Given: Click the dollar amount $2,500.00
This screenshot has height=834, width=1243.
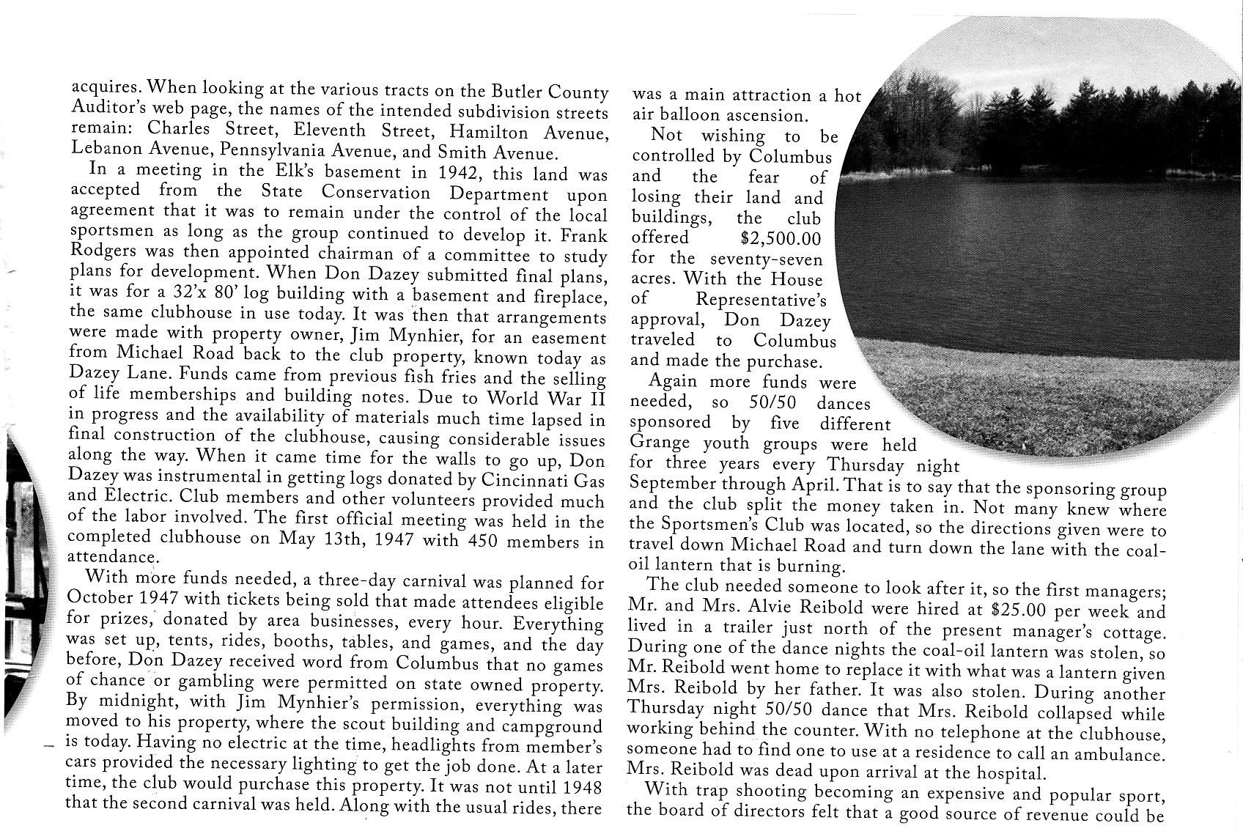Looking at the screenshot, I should [781, 238].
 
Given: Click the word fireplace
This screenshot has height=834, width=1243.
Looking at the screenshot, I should [566, 298].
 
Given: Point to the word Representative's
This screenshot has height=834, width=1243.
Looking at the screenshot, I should [760, 300].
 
